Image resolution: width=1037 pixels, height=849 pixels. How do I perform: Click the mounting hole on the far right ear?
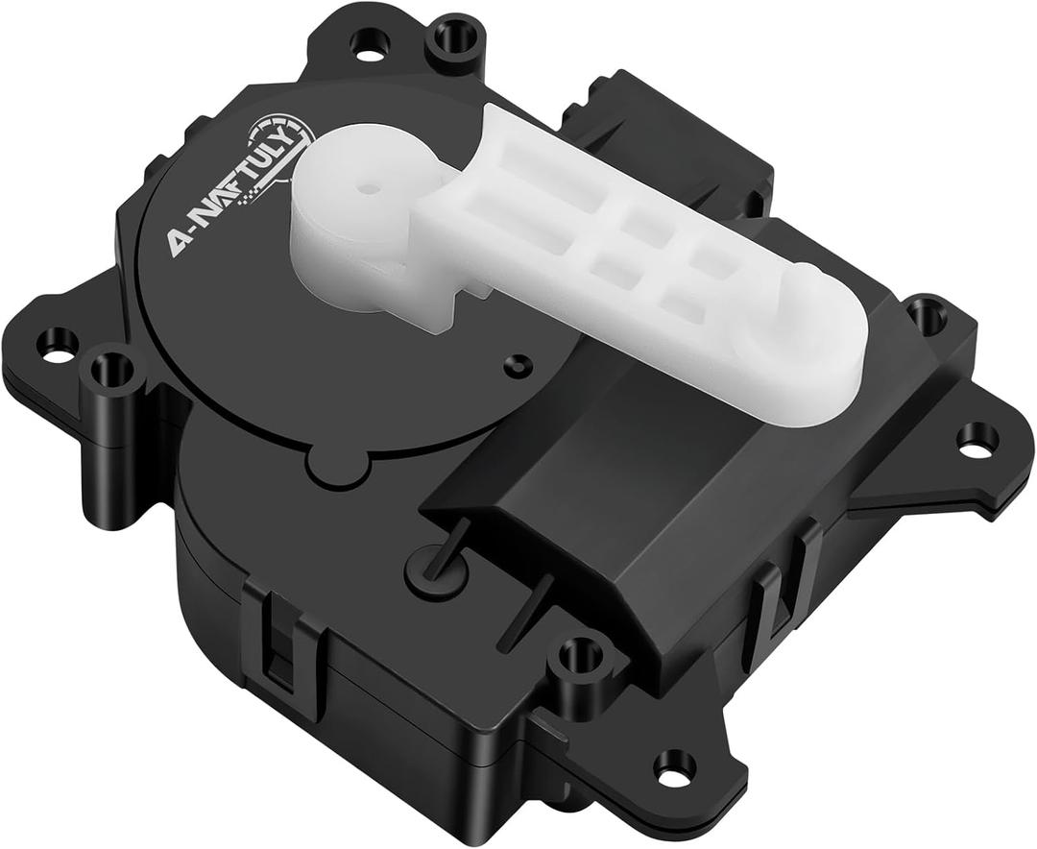click(977, 438)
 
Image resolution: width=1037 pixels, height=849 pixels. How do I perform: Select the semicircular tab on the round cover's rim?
click(337, 469)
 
